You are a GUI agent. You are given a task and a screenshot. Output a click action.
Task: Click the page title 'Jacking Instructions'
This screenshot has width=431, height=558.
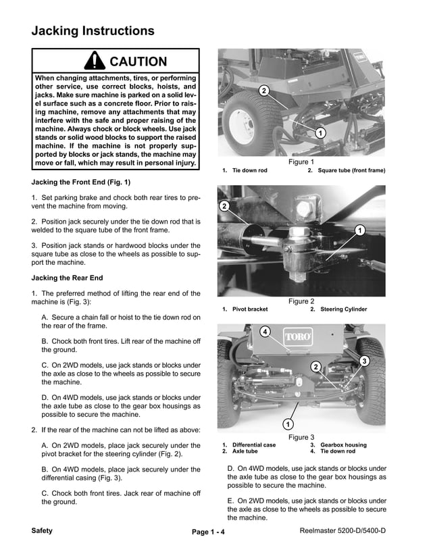[x=93, y=31]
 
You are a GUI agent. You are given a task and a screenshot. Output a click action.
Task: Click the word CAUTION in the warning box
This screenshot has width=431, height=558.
[x=138, y=62]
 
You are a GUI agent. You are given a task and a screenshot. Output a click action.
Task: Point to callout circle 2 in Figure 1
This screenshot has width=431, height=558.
[x=263, y=91]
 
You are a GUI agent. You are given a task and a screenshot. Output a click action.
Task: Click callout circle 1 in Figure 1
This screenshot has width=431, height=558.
[x=320, y=132]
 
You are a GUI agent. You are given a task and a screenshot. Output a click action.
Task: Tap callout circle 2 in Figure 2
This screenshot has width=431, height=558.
[x=224, y=205]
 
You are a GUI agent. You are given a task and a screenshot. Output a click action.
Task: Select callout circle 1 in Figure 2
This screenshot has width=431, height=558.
[x=359, y=231]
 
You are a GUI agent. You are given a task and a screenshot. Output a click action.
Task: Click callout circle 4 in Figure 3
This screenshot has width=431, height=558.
[x=265, y=331]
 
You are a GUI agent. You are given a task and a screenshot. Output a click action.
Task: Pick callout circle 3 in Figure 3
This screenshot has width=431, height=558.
[x=364, y=361]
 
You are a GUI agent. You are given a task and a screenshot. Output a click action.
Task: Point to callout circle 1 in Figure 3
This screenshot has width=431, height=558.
[x=287, y=424]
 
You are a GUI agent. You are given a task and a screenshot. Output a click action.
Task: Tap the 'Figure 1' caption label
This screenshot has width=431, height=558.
[x=301, y=162]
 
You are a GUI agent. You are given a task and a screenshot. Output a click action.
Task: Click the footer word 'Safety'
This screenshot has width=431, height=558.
[x=43, y=531]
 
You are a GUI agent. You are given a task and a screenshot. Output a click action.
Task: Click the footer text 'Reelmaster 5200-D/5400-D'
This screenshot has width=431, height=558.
[x=343, y=532]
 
